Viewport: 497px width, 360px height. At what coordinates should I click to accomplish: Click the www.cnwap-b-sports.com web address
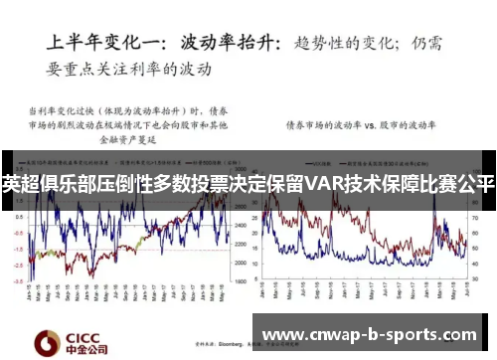point(373,335)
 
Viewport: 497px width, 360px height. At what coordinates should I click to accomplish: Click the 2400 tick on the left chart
point(240,226)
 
